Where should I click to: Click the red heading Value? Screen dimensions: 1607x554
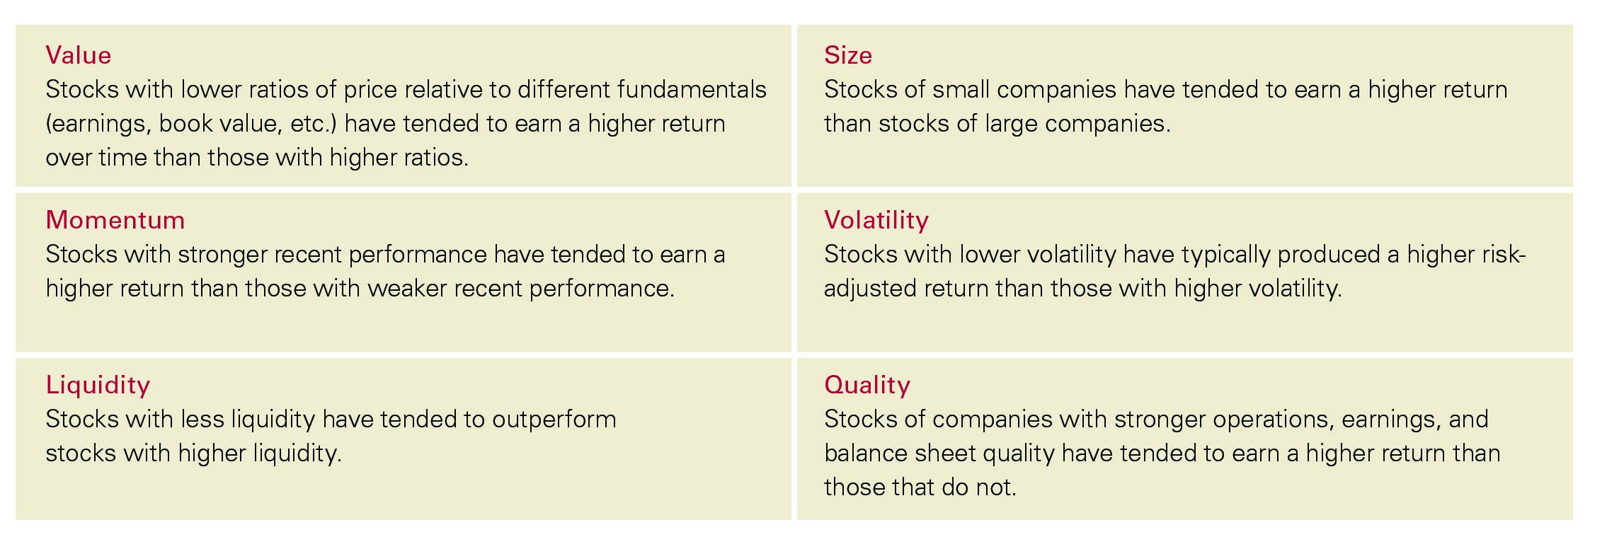78,55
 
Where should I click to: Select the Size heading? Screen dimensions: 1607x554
847,55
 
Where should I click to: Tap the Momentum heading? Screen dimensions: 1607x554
115,220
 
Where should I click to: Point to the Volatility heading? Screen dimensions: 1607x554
876,220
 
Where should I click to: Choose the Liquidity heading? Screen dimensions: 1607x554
98,385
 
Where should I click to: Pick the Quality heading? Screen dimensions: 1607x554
867,385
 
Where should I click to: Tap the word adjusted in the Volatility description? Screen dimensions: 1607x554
870,289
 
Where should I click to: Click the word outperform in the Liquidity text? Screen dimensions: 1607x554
554,420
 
